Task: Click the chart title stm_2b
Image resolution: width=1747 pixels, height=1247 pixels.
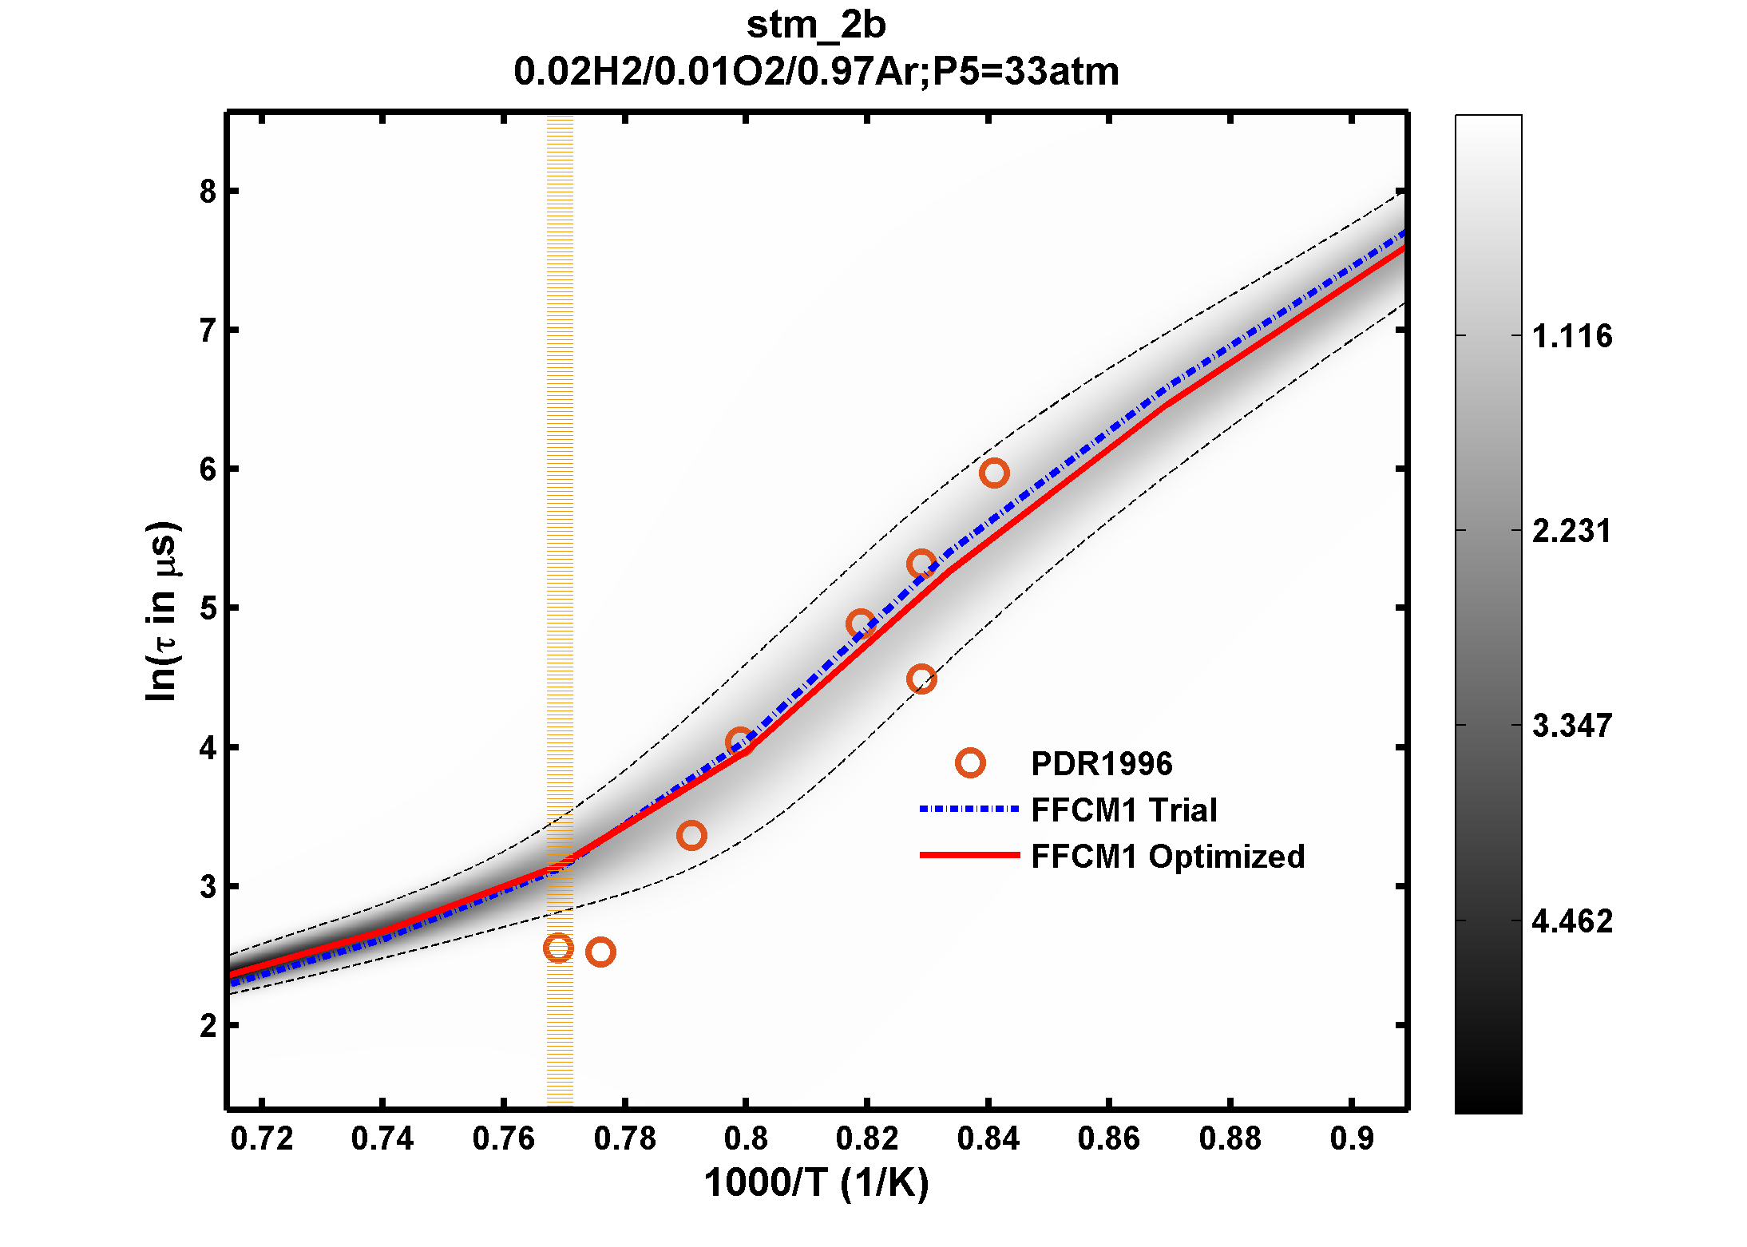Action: tap(816, 25)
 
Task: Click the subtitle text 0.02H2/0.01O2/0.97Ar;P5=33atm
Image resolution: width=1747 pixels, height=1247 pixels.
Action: tap(816, 72)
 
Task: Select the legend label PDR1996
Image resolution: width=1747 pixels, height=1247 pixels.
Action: tap(1101, 764)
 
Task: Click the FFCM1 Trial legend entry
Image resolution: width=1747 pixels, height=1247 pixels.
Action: tap(1123, 810)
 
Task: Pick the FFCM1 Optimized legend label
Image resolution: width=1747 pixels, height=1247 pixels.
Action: tap(1167, 857)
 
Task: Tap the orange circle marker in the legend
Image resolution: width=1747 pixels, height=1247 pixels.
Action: tap(970, 763)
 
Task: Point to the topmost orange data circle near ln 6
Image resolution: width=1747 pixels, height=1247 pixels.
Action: tap(994, 473)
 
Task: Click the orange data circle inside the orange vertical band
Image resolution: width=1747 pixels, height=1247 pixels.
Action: tap(558, 948)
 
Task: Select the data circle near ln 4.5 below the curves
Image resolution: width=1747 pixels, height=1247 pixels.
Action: tap(921, 679)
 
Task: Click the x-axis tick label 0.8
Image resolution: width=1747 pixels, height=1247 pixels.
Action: tap(746, 1138)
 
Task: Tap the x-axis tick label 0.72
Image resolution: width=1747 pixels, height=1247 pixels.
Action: tap(262, 1138)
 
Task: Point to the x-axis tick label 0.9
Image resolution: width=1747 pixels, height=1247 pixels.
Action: tap(1352, 1138)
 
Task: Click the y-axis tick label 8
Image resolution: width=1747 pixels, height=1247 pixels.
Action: tap(208, 192)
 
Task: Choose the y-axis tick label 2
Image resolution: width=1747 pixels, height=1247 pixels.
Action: tap(208, 1026)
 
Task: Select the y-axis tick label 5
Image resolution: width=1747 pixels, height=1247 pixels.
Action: tap(208, 608)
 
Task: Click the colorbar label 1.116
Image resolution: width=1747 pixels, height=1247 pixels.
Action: tap(1571, 336)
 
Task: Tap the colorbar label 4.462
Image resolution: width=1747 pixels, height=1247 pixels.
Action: tap(1571, 921)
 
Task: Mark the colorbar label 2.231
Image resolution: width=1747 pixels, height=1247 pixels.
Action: tap(1571, 531)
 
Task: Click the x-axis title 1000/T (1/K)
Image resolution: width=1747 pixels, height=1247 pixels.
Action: tap(816, 1183)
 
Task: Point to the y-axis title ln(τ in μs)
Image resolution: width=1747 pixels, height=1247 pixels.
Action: tap(162, 611)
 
